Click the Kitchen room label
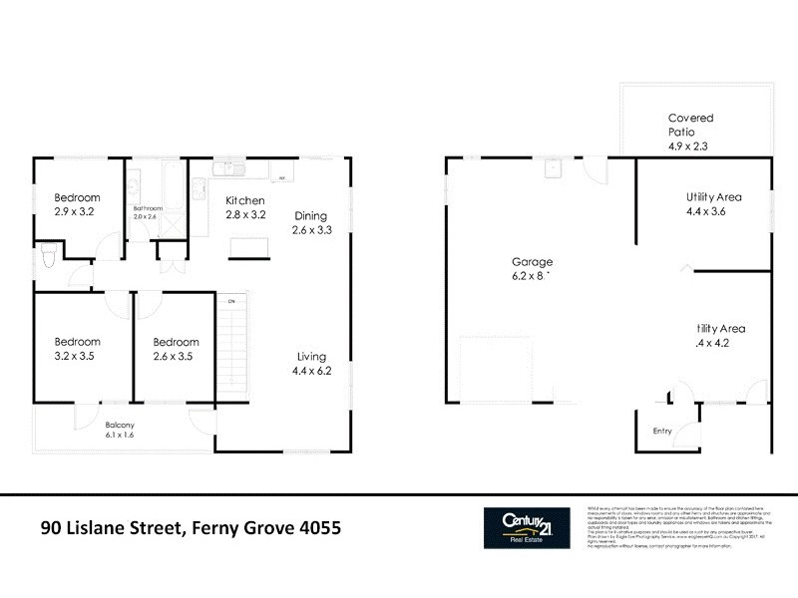click(x=245, y=199)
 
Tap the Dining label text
click(x=311, y=215)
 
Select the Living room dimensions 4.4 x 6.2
click(x=311, y=371)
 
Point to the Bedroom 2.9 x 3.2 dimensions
click(x=77, y=212)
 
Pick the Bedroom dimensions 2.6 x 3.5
click(x=176, y=356)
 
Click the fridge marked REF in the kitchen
click(x=282, y=177)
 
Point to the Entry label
click(x=662, y=432)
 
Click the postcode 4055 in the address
click(x=321, y=527)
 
